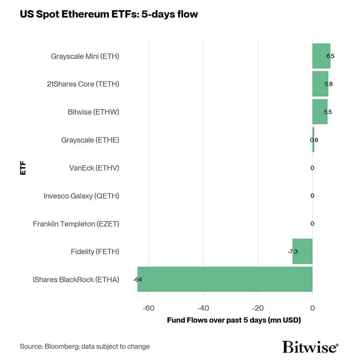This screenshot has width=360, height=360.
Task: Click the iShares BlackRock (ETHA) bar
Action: click(x=225, y=279)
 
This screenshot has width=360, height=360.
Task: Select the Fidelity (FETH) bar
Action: click(x=303, y=251)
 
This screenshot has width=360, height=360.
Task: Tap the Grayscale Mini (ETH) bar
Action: click(x=321, y=56)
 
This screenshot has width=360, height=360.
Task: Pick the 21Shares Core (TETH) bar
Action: click(x=320, y=84)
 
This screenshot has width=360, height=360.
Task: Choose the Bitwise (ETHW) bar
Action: click(x=320, y=112)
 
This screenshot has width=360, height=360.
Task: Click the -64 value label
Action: click(x=137, y=280)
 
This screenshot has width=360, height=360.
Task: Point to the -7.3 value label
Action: click(x=293, y=252)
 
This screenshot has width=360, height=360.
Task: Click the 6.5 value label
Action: click(x=330, y=56)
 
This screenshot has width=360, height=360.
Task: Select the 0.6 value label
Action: click(x=314, y=140)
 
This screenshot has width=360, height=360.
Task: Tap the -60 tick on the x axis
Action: click(x=149, y=308)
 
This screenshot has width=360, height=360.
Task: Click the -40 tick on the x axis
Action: click(x=203, y=308)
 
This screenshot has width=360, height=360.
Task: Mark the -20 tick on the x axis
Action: click(x=258, y=308)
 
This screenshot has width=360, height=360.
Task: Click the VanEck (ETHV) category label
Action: click(x=94, y=168)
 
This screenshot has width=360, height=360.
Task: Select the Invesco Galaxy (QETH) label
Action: click(x=81, y=196)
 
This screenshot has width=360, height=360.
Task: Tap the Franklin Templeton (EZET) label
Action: click(x=76, y=224)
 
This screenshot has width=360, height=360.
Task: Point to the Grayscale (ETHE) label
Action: click(x=90, y=140)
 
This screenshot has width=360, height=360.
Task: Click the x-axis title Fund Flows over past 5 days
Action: click(x=233, y=320)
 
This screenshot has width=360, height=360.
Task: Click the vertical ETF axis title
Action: click(x=23, y=167)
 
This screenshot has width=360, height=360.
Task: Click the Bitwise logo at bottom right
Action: click(x=310, y=346)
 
